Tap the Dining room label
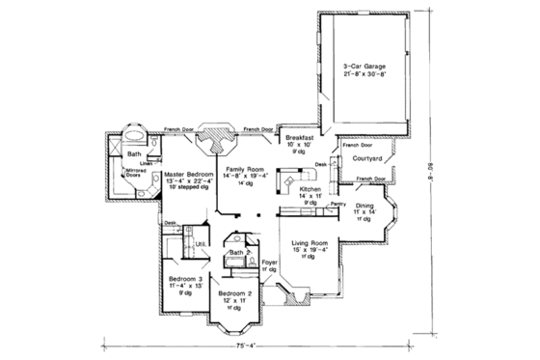tap(365, 208)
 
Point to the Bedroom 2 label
tap(235, 291)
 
